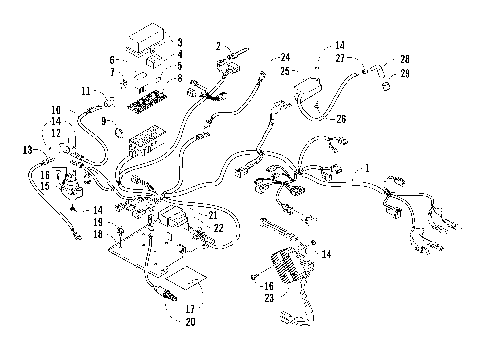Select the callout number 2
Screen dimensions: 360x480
coord(218,46)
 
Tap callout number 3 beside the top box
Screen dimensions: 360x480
coord(180,42)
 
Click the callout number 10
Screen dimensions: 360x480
coord(57,108)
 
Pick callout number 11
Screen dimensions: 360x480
coord(86,92)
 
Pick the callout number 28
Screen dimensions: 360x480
coord(404,59)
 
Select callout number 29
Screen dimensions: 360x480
coord(404,73)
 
